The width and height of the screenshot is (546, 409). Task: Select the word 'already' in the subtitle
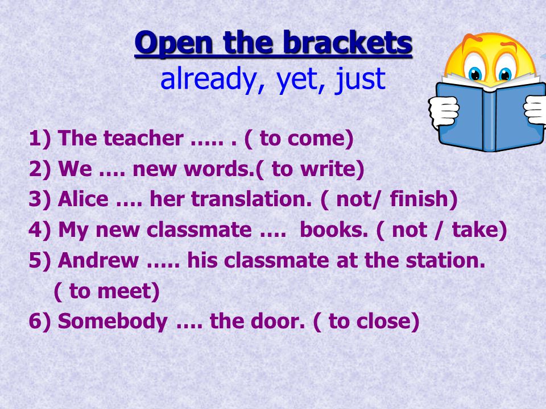coord(208,79)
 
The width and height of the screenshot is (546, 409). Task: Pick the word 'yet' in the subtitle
coord(295,80)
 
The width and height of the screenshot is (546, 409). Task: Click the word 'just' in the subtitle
coord(360,80)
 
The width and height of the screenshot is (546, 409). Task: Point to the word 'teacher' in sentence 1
coord(143,138)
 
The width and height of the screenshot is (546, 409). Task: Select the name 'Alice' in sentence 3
coord(83,199)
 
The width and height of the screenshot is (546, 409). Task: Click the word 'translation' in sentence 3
coord(249,199)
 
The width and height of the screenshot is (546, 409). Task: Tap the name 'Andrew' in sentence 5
coord(98,260)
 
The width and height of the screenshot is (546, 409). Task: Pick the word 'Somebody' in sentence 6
coord(113,321)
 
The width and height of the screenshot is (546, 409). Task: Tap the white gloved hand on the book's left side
coord(444,112)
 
